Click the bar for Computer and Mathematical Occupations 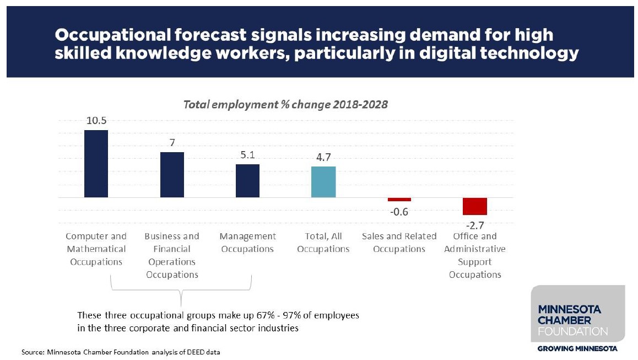tap(96, 164)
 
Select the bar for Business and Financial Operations tap(172, 175)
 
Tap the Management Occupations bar tap(247, 181)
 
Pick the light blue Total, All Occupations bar tap(323, 182)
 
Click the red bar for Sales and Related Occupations tap(399, 200)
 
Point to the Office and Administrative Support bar tap(475, 206)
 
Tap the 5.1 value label tap(247, 155)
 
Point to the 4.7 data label tap(323, 158)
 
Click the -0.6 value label tap(399, 212)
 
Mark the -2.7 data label tap(475, 225)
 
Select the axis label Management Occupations tap(247, 243)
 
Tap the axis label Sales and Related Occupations tap(399, 243)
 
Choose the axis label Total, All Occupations tap(323, 243)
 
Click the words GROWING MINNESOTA tap(577, 348)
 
